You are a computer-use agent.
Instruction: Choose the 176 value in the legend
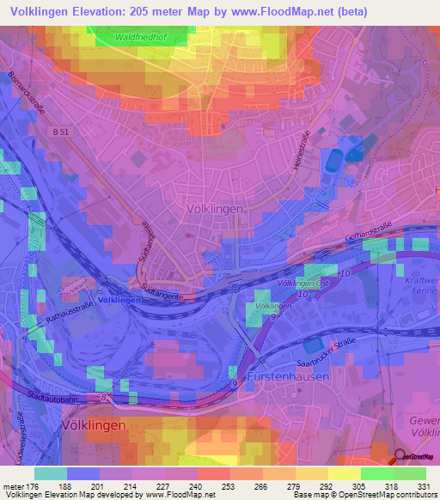(x=32, y=486)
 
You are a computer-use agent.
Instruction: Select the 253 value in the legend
(x=228, y=486)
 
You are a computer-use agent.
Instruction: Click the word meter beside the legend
(x=11, y=486)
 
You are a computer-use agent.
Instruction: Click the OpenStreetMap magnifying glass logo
(x=401, y=459)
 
